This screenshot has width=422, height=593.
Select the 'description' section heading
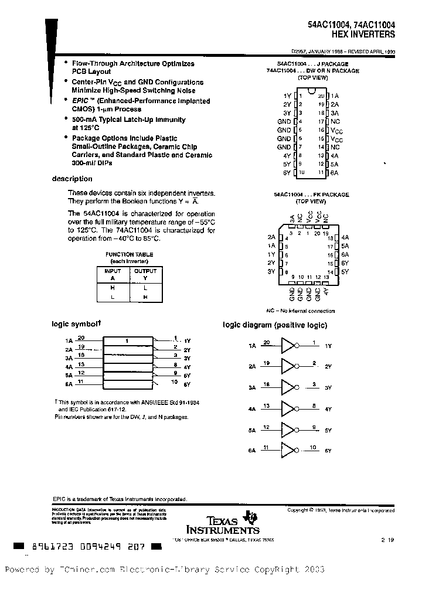click(x=72, y=179)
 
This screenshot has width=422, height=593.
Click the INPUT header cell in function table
click(x=113, y=271)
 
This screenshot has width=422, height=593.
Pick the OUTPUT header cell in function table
click(x=145, y=271)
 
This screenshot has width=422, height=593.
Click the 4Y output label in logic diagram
click(x=328, y=409)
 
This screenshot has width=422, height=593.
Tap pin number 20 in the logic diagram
click(x=267, y=342)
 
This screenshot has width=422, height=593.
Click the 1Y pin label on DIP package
click(x=287, y=95)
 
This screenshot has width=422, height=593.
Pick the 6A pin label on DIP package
click(x=334, y=172)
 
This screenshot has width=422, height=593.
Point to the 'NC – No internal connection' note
click(x=301, y=311)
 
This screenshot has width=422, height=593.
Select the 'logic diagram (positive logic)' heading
click(x=275, y=325)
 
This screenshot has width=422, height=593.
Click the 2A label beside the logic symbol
click(x=69, y=349)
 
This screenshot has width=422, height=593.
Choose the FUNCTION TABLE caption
click(x=129, y=254)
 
